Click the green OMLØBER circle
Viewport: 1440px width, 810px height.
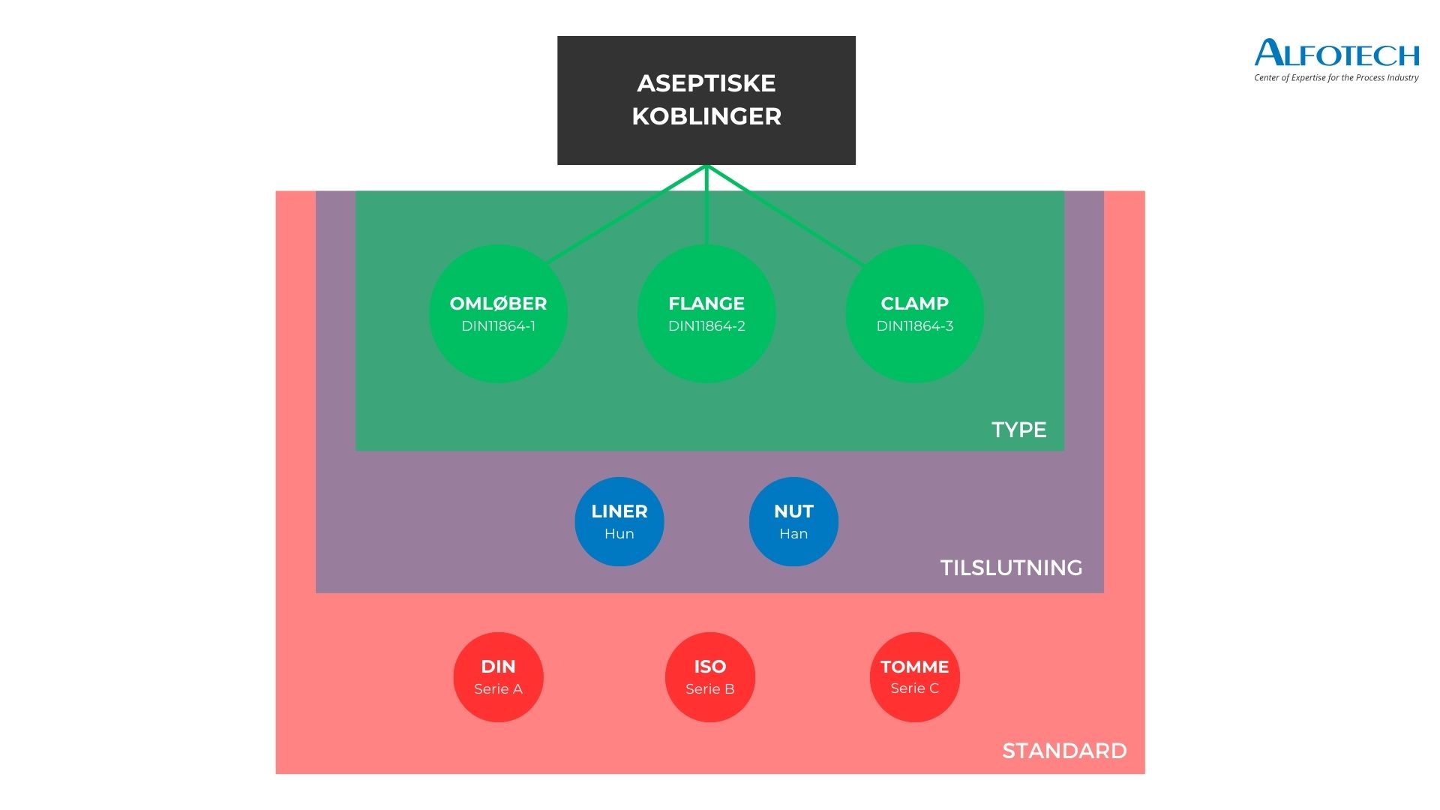(498, 313)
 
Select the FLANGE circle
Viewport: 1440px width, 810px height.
(706, 313)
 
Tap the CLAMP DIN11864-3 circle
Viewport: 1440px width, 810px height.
(914, 313)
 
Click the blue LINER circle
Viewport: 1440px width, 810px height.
(619, 521)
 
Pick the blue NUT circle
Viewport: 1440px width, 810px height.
(793, 521)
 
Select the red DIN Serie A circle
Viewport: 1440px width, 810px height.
(498, 677)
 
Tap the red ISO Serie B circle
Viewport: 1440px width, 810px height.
(709, 677)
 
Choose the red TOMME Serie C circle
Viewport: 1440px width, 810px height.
(914, 677)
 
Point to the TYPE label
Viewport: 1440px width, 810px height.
(1018, 430)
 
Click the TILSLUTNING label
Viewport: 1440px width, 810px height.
(1011, 568)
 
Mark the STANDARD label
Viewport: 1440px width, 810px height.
(1064, 751)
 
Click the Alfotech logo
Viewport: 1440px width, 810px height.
(1336, 53)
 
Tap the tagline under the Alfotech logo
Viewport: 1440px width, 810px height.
(1336, 78)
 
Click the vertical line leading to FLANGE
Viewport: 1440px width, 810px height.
(706, 206)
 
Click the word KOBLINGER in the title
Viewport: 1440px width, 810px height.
(706, 116)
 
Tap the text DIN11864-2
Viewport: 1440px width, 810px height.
(706, 326)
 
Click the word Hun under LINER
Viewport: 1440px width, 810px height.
(619, 534)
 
